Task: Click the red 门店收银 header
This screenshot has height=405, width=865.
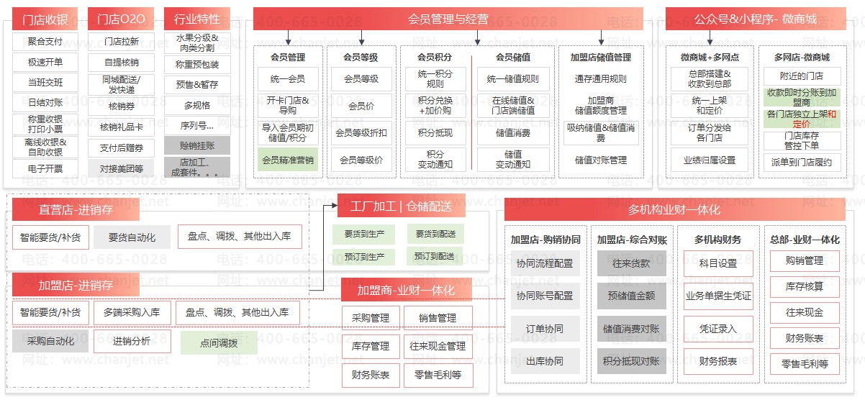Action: [x=45, y=19]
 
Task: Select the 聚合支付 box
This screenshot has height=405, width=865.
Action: [x=45, y=41]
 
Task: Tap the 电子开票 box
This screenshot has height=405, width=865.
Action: [x=45, y=168]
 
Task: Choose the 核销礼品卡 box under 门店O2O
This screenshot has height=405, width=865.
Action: [x=122, y=127]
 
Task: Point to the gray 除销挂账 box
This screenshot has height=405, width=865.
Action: [x=196, y=145]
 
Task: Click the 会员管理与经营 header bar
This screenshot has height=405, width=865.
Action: [x=448, y=19]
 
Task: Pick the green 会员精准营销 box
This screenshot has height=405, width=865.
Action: [x=287, y=160]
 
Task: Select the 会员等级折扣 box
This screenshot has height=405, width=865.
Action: [x=361, y=133]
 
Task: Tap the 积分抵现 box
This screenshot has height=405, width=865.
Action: [x=435, y=133]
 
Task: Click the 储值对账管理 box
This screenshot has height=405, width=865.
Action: [x=600, y=160]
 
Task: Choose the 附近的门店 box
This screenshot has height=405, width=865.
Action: [x=801, y=76]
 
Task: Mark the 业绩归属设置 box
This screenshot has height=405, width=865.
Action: [x=709, y=160]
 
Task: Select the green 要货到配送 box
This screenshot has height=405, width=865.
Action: [x=435, y=234]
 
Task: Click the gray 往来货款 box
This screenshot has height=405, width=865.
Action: [x=631, y=263]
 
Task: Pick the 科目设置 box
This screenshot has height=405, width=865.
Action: [x=717, y=263]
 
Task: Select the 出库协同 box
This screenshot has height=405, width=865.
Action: [x=545, y=361]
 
